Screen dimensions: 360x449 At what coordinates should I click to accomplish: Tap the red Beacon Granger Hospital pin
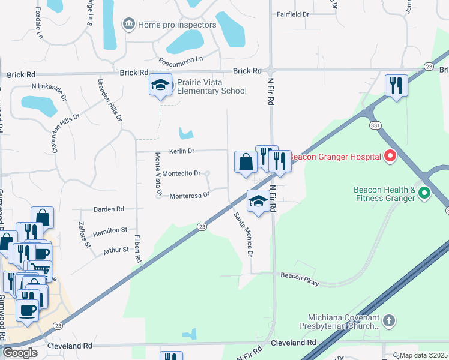pos(390,157)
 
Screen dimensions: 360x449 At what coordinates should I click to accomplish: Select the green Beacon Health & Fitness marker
pos(424,193)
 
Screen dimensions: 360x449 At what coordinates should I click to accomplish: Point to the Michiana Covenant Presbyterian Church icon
pos(389,320)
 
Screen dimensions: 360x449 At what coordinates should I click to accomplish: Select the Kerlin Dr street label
pos(183,151)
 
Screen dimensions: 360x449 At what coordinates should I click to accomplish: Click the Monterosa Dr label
pos(189,196)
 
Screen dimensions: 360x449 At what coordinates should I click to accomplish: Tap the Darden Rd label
pos(109,209)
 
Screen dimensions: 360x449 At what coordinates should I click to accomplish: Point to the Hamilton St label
pos(110,230)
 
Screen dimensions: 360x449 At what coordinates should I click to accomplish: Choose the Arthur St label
pos(116,250)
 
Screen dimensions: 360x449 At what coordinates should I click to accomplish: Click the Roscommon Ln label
pos(181,61)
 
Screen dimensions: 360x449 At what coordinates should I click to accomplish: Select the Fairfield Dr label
pos(293,13)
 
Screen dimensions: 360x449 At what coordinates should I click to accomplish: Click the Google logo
pos(20,352)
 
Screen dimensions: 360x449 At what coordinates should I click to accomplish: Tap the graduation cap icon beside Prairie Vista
pos(160,85)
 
